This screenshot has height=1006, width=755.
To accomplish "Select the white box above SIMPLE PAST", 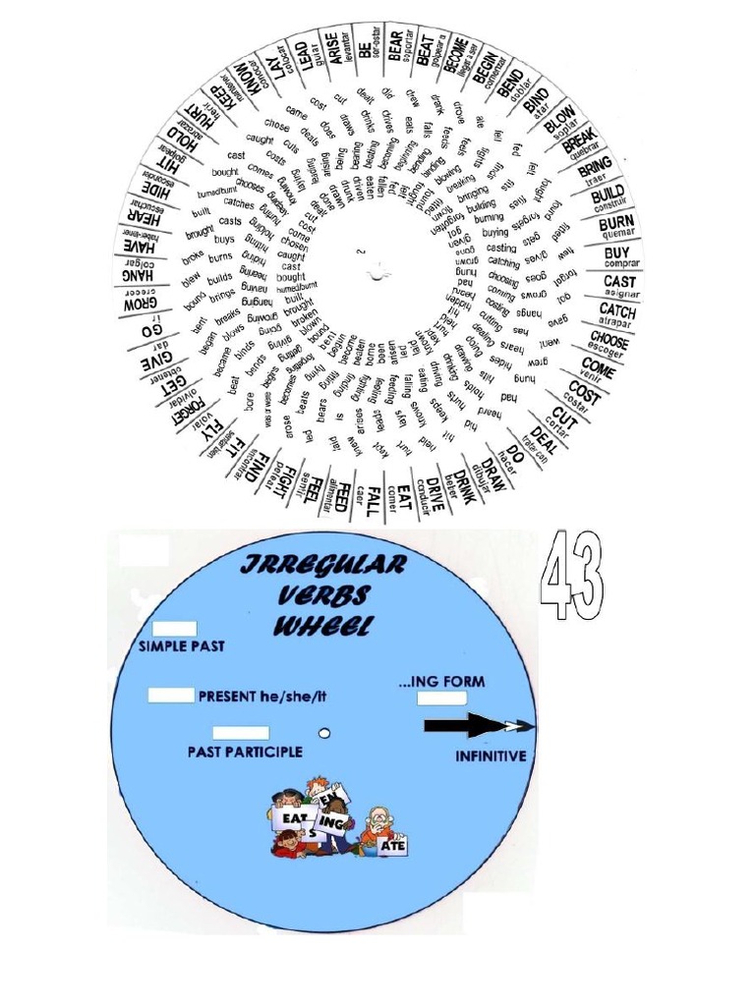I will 175,629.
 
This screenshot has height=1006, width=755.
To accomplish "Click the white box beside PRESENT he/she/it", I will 171,696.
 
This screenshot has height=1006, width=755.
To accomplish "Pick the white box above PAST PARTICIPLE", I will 241,732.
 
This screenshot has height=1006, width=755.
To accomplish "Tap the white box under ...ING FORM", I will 440,699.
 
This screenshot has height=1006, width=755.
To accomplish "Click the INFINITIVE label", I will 491,756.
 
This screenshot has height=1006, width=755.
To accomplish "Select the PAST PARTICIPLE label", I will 245,752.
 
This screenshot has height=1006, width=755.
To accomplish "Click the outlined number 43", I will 570,576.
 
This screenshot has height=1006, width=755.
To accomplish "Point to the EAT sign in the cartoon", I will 291,817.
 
